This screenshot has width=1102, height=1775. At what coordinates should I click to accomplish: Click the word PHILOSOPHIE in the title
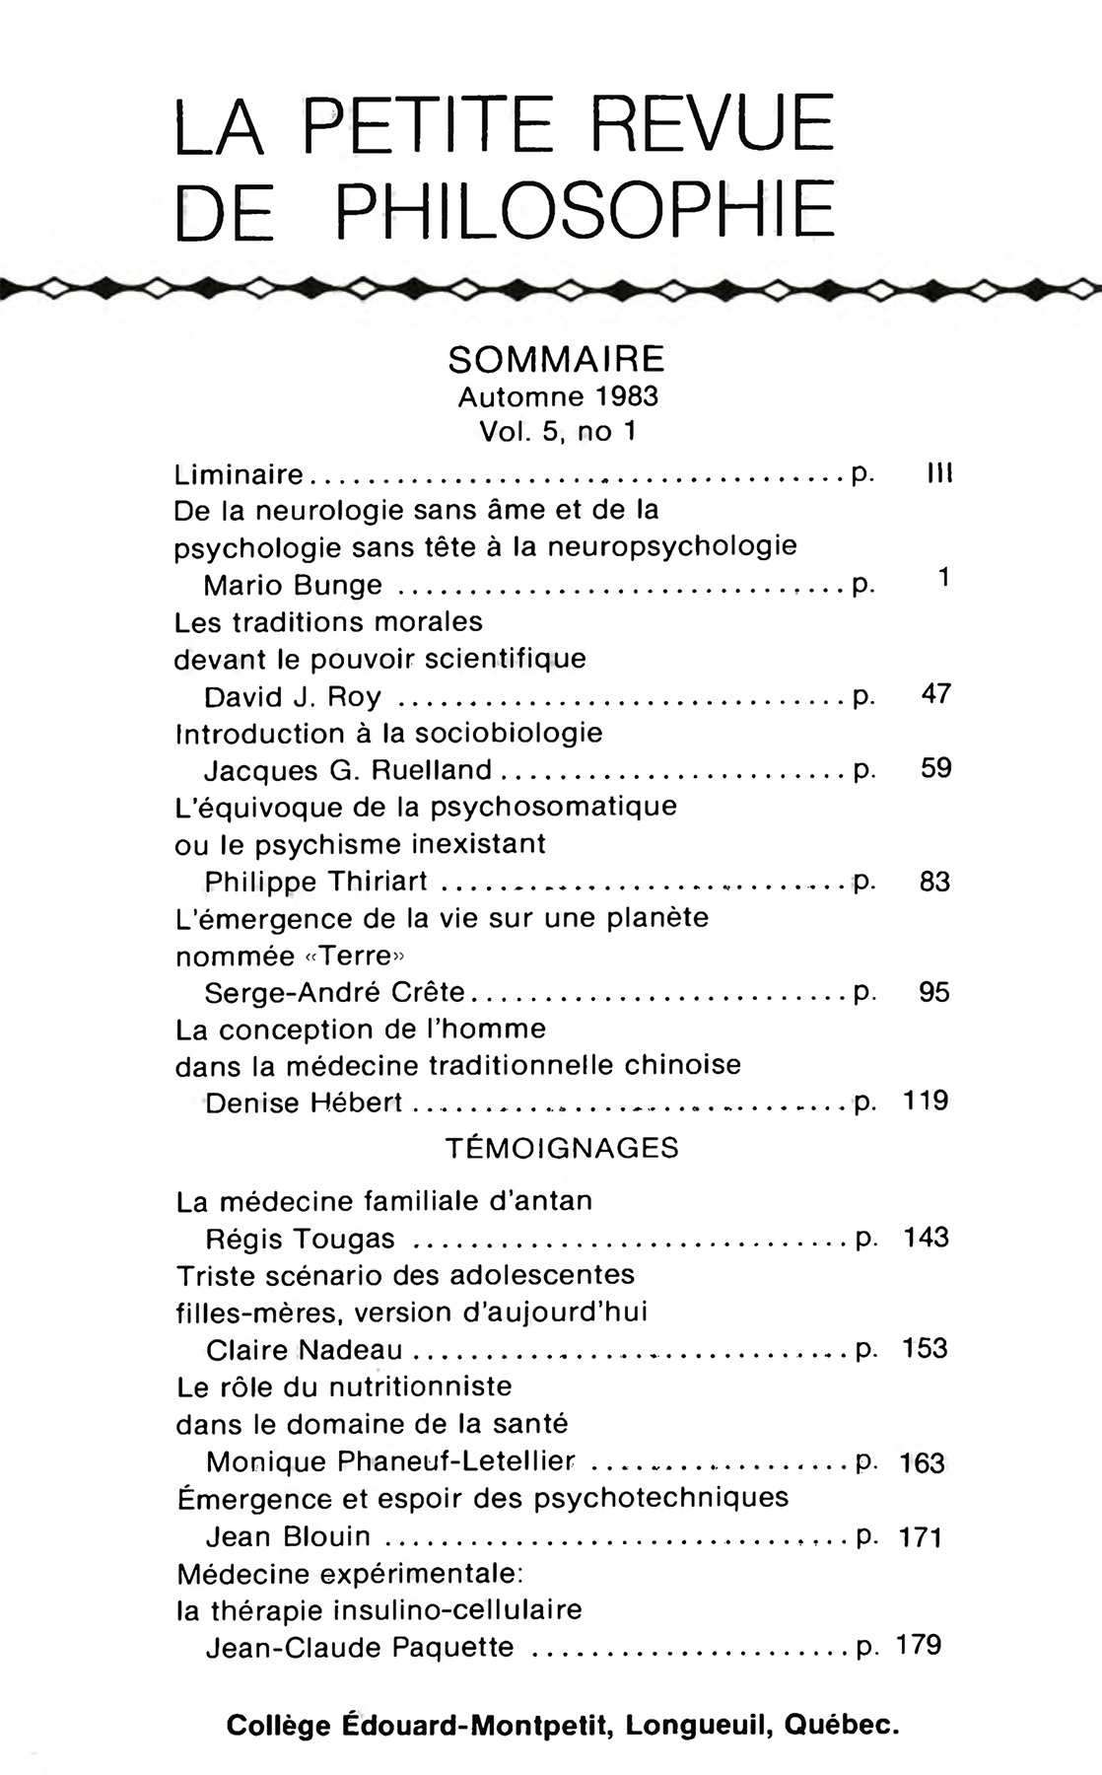point(581,210)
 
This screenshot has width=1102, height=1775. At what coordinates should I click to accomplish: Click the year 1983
point(627,396)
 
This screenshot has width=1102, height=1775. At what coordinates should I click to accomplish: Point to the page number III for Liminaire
point(938,474)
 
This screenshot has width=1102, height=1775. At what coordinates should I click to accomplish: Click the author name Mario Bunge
point(293,586)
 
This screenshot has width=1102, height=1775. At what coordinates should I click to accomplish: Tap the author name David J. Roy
point(293,697)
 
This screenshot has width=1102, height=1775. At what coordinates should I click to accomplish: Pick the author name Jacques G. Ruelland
point(347,769)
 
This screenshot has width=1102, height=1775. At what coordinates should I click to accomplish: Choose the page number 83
point(934,881)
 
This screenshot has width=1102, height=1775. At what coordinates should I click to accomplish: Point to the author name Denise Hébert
point(304,1102)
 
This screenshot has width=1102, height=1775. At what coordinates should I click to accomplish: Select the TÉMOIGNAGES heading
point(562,1148)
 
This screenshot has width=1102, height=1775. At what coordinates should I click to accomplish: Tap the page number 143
point(926,1237)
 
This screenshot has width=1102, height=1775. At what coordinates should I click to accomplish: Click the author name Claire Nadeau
point(304,1350)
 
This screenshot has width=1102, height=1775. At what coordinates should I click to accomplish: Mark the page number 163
point(923,1463)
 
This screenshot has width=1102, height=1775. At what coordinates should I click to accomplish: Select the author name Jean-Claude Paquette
point(360,1647)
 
